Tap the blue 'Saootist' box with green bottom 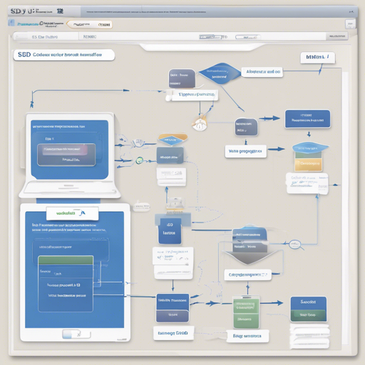tap(308, 309)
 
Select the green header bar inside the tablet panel tap(64, 261)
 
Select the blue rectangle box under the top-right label tap(307, 119)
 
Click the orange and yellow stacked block tap(308, 158)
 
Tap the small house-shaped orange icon tap(200, 125)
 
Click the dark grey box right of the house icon tap(246, 127)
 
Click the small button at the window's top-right tap(350, 24)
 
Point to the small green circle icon tap(140, 161)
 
